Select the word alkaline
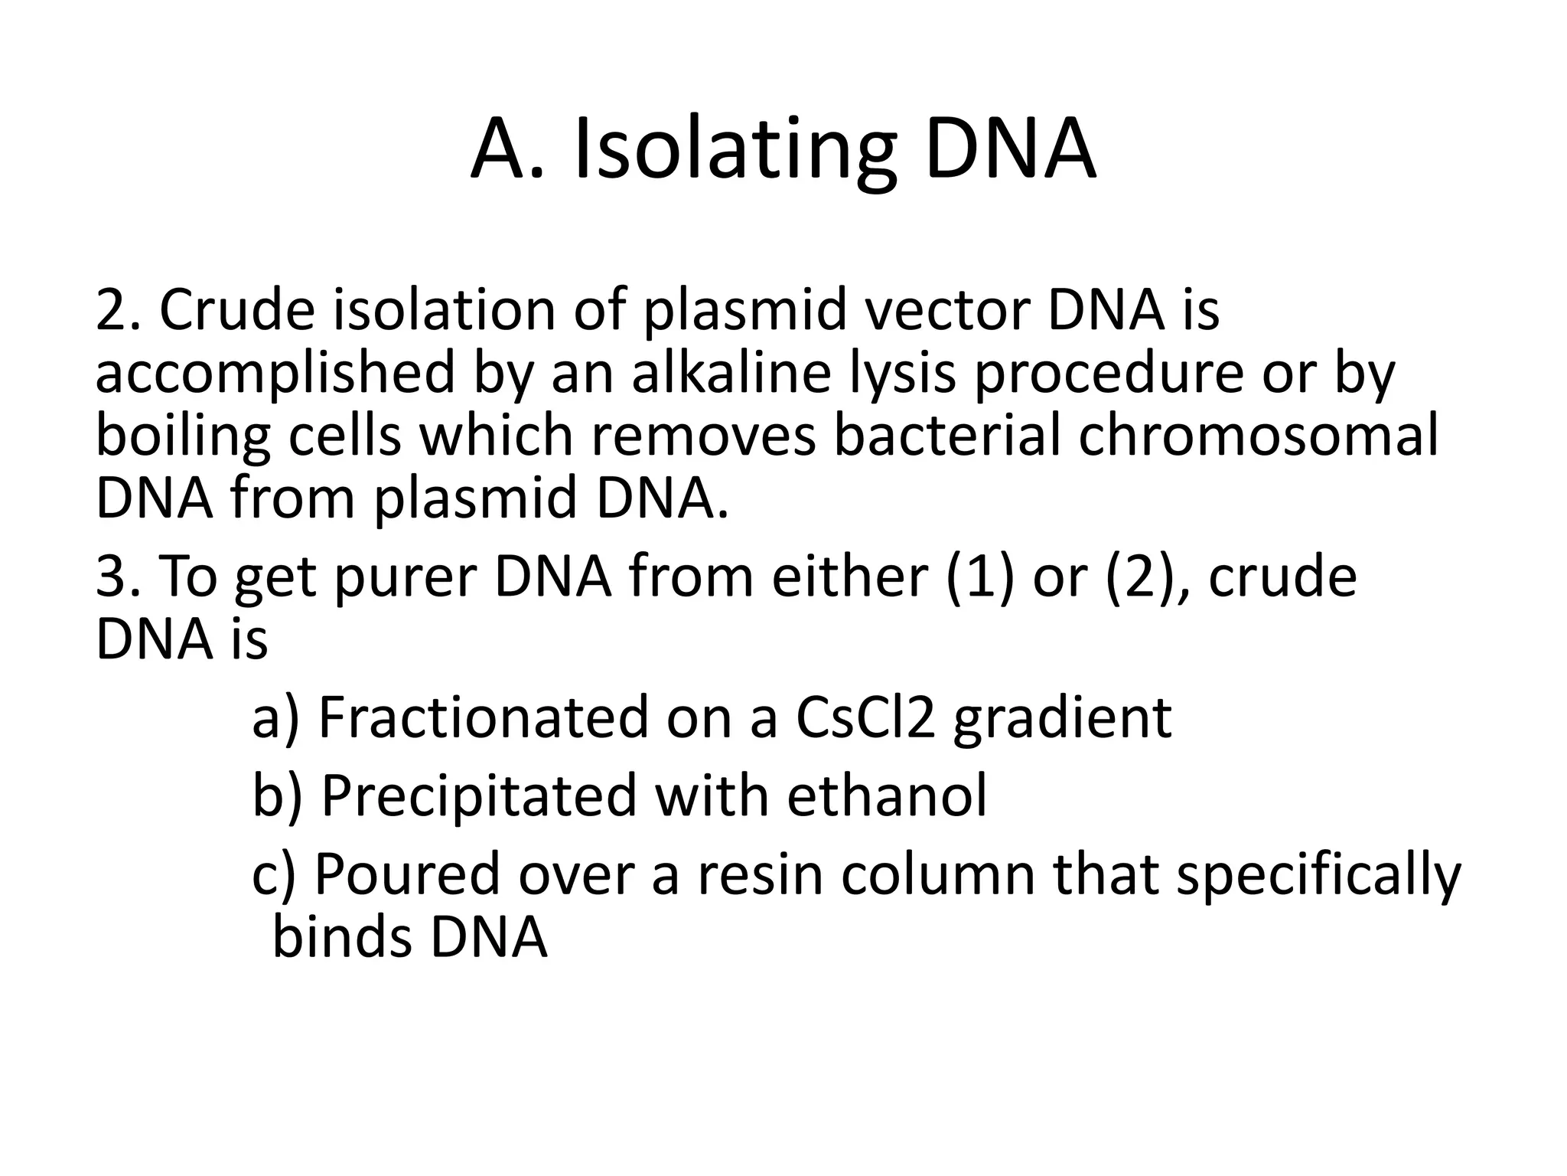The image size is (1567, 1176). coord(730,373)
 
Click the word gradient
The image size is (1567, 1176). coord(1062,717)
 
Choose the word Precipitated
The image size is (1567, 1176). coord(478,795)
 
